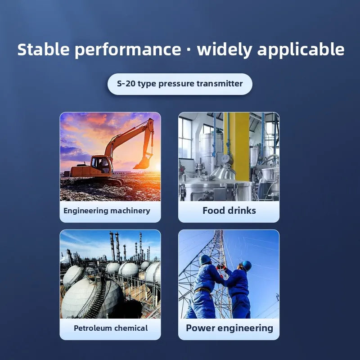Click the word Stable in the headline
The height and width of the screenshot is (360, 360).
44,49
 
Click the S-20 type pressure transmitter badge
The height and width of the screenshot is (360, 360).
180,84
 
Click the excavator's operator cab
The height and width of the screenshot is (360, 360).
101,165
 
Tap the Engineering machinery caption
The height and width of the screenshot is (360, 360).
107,211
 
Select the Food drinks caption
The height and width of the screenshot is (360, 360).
229,211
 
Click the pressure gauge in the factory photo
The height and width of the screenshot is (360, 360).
225,159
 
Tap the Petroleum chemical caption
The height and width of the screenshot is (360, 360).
110,328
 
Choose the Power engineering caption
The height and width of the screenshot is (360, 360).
229,328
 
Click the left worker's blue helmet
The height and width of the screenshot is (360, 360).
206,260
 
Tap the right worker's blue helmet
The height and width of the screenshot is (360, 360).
246,265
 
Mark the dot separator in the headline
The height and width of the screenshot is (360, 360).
189,50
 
